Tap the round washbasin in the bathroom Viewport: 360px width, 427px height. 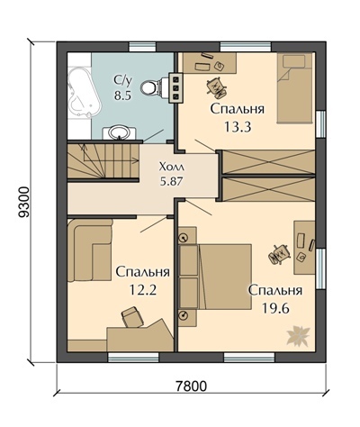[119, 132]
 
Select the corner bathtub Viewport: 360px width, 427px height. [83, 93]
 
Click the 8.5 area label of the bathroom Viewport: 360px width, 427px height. [122, 95]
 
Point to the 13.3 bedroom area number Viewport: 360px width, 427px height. [238, 127]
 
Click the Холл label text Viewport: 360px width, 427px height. [171, 167]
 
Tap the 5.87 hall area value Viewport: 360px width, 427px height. [171, 181]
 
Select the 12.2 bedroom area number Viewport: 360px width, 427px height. [143, 290]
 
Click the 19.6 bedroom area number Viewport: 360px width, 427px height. [275, 308]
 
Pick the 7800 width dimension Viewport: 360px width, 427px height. [191, 386]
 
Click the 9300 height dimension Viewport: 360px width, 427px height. [24, 202]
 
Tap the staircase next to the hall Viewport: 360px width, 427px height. [103, 161]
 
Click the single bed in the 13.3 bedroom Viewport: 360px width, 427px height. [294, 88]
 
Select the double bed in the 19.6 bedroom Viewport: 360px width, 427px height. [215, 277]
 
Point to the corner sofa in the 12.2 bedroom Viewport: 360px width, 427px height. [90, 250]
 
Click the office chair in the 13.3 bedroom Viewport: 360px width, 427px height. [216, 87]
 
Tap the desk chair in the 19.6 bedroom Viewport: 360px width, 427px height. [280, 254]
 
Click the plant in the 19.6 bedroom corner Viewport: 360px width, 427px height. [298, 335]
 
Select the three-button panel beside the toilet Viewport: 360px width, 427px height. [175, 88]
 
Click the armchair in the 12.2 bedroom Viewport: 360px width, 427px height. [132, 316]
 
